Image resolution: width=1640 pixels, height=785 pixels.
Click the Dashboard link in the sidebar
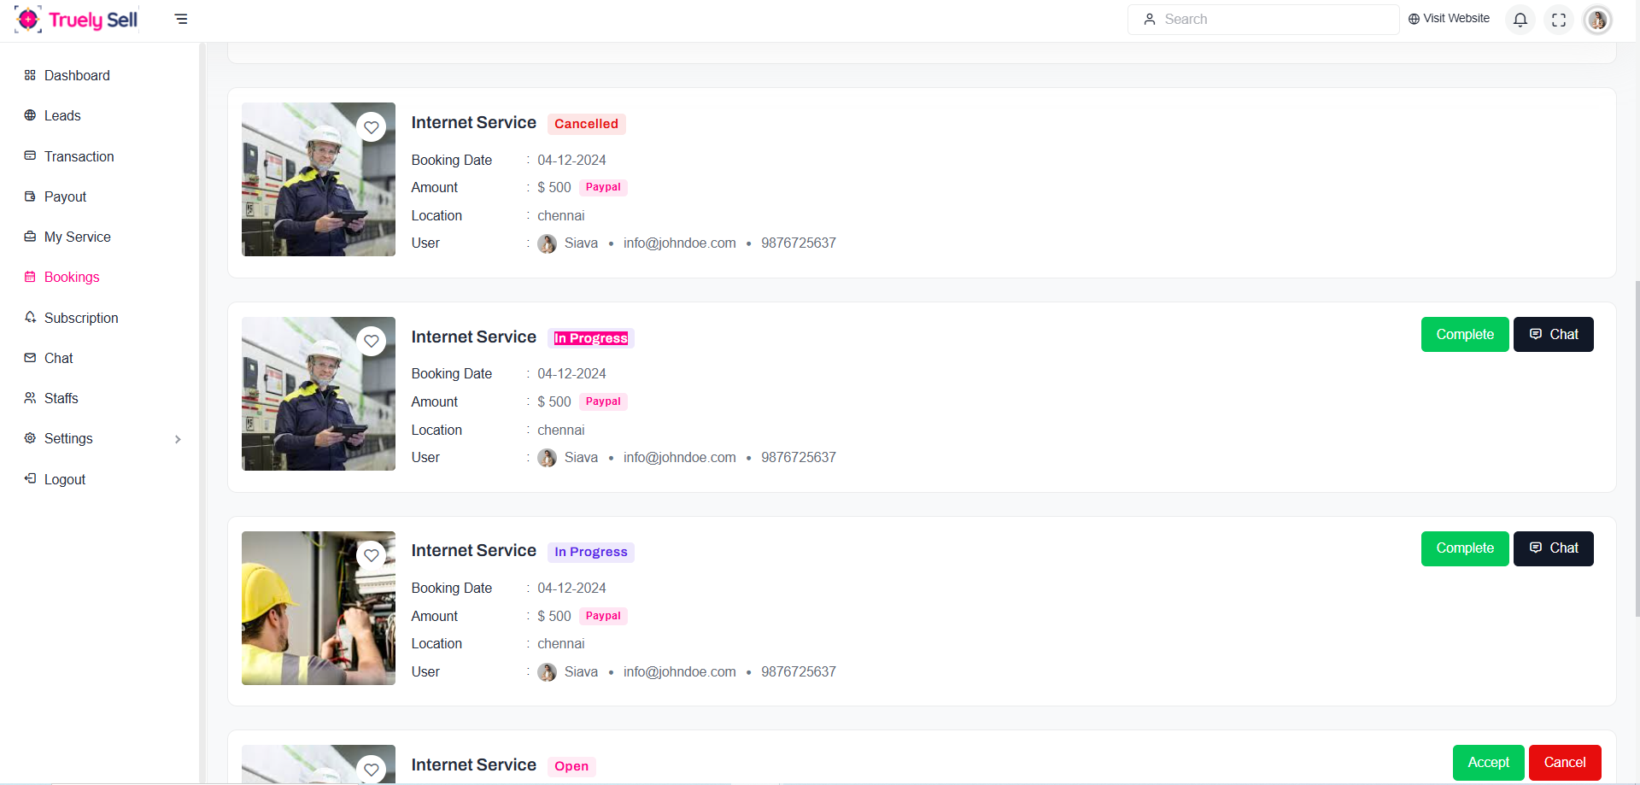pos(76,75)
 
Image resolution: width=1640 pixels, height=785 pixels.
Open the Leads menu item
pos(61,115)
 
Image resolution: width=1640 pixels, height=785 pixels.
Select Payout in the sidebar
pos(65,196)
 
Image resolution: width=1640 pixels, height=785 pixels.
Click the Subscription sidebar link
pos(80,318)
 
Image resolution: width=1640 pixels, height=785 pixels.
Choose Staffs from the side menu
pos(61,398)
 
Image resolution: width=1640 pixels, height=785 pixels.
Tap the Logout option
pos(64,479)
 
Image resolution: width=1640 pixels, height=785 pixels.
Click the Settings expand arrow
pos(178,439)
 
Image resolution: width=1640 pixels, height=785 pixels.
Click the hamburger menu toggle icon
pos(181,19)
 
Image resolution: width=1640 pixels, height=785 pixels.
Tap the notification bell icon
pos(1520,20)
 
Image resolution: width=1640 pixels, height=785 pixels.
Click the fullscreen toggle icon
pos(1559,20)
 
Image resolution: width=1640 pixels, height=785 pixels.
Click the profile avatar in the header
pos(1597,20)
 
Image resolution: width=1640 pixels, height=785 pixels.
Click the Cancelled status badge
pos(586,124)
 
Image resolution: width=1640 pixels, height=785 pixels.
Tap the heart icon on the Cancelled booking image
pos(372,127)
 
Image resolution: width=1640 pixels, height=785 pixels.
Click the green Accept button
pos(1488,762)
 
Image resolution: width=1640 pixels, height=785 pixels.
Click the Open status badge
pos(571,766)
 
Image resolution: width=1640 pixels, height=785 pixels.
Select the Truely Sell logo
pos(77,19)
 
